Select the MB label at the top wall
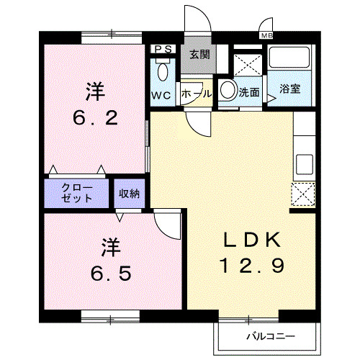click(266, 35)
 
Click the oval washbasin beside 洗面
click(227, 91)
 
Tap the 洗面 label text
click(249, 93)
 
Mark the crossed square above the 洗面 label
click(248, 63)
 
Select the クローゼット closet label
click(77, 192)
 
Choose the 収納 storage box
click(130, 192)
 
